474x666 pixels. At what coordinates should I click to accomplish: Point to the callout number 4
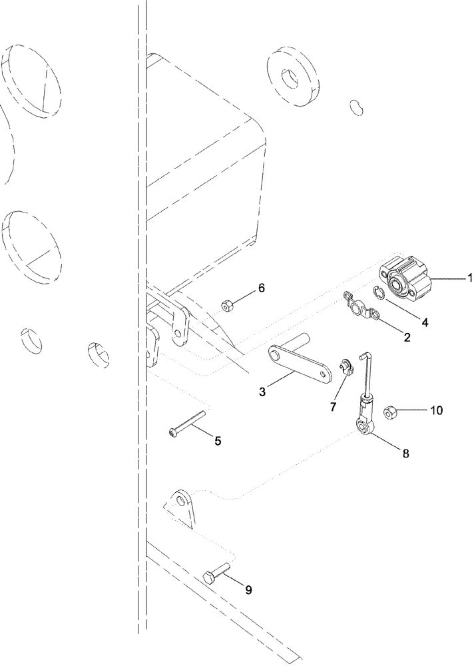pyautogui.click(x=424, y=321)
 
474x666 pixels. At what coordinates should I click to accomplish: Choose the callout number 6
pyautogui.click(x=261, y=288)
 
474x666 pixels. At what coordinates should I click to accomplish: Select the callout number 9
pyautogui.click(x=248, y=589)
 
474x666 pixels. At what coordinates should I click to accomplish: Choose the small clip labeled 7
pyautogui.click(x=344, y=368)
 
